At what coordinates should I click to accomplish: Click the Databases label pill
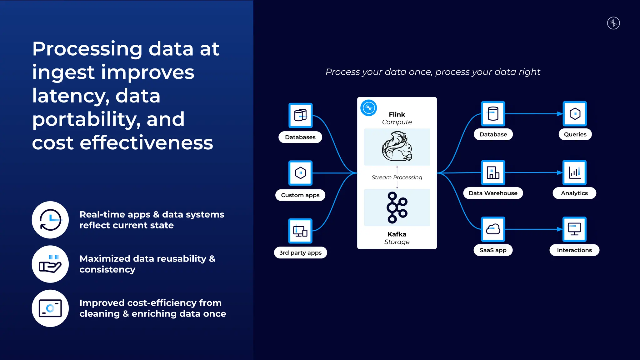[x=300, y=137]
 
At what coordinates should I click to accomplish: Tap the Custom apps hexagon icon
[x=300, y=173]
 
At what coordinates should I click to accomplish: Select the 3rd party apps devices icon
[x=300, y=231]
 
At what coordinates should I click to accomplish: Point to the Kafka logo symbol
[x=397, y=207]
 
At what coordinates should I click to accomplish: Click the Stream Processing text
[x=397, y=177]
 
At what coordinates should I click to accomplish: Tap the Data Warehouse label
[x=493, y=193]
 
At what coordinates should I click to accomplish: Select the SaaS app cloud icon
[x=493, y=229]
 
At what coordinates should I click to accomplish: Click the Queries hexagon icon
[x=575, y=114]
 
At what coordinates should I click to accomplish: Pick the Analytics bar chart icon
[x=574, y=172]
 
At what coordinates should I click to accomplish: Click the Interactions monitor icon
[x=574, y=229]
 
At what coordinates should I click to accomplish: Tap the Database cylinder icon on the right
[x=493, y=114]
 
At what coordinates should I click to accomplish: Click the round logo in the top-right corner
[x=613, y=23]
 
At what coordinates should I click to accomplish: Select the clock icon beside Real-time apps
[x=50, y=220]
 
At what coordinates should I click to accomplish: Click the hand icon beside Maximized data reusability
[x=50, y=264]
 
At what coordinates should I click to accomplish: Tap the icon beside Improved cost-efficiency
[x=50, y=308]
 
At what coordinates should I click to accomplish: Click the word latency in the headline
[x=71, y=96]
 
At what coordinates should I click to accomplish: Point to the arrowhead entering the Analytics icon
[x=560, y=172]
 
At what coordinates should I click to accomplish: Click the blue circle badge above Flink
[x=369, y=108]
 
